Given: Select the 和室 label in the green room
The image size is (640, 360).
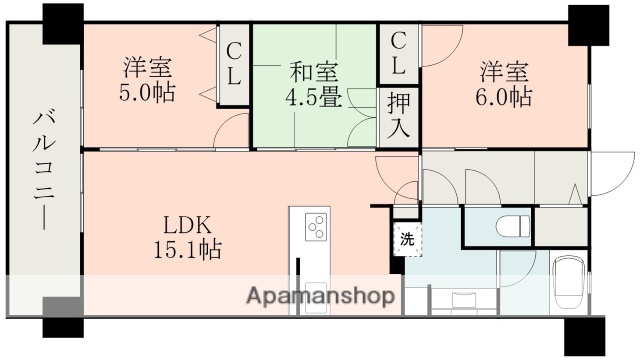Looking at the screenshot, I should pos(314,71).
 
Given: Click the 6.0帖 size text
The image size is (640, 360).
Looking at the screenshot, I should pos(504,97).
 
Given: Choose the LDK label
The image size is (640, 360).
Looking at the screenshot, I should pos(187,223).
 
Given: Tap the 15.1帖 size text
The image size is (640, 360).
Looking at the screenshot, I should pos(187,249).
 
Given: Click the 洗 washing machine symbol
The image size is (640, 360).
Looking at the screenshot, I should pos(406,239).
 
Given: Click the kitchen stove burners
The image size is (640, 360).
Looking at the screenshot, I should pos(317,227).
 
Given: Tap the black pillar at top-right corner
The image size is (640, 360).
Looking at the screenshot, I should pos(589,21).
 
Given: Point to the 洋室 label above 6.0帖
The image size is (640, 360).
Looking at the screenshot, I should pos(504,71).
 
